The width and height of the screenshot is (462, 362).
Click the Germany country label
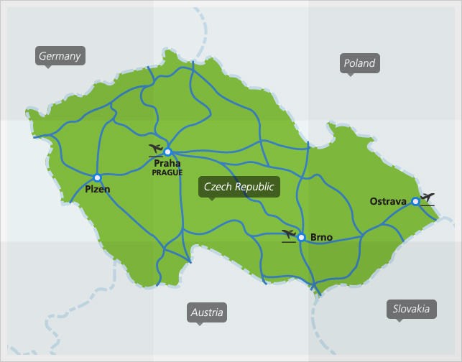coord(60,55)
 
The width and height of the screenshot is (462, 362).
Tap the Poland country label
coord(359,63)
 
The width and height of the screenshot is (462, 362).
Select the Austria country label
coord(207,312)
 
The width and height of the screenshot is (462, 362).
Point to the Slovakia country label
coord(411,309)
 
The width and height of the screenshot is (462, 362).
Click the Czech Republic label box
coord(239,187)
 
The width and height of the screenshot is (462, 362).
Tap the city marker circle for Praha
coord(167,152)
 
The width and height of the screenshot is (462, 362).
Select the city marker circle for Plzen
coord(97,177)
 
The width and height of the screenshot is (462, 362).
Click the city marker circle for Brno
coord(302,237)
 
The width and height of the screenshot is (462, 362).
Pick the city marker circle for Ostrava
coord(415,201)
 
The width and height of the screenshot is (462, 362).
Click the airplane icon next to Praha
coord(155,149)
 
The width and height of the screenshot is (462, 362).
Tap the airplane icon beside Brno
coord(290,235)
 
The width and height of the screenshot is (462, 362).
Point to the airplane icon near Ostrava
coord(428,198)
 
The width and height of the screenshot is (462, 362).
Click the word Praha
coord(167,164)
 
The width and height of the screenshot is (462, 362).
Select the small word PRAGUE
coord(167,172)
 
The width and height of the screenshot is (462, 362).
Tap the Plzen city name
coord(97,190)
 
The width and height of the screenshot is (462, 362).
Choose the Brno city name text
coord(321,238)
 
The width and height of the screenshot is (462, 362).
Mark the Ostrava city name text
coord(388,201)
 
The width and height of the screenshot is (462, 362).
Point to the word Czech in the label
coord(217,187)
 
